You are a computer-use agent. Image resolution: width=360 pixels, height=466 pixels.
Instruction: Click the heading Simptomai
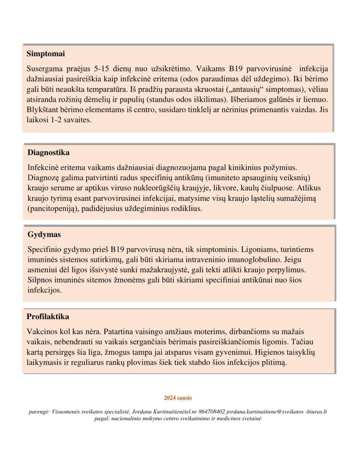45,53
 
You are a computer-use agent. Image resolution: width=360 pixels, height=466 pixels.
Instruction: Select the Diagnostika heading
49,152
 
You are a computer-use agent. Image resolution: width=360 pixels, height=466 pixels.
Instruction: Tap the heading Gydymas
44,235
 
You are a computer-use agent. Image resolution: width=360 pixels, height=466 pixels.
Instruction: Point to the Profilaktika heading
48,316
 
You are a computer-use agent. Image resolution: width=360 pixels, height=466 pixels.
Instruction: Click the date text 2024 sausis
178,398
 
